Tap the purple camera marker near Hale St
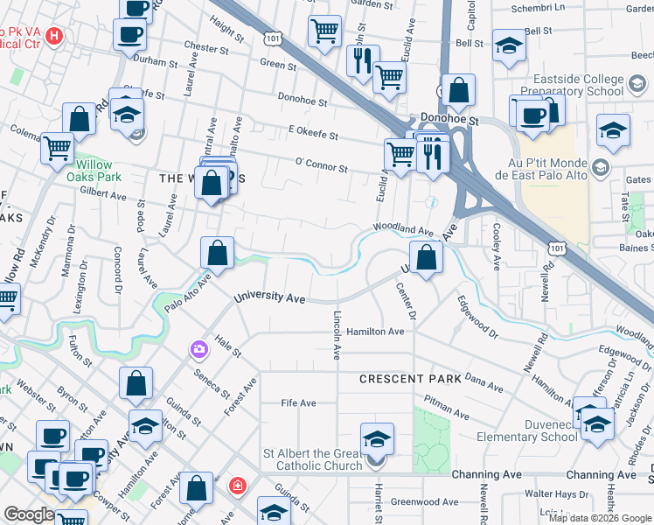(199, 350)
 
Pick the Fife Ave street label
(298, 403)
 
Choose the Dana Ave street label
(486, 382)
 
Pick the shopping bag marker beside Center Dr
(426, 259)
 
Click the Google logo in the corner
(29, 514)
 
